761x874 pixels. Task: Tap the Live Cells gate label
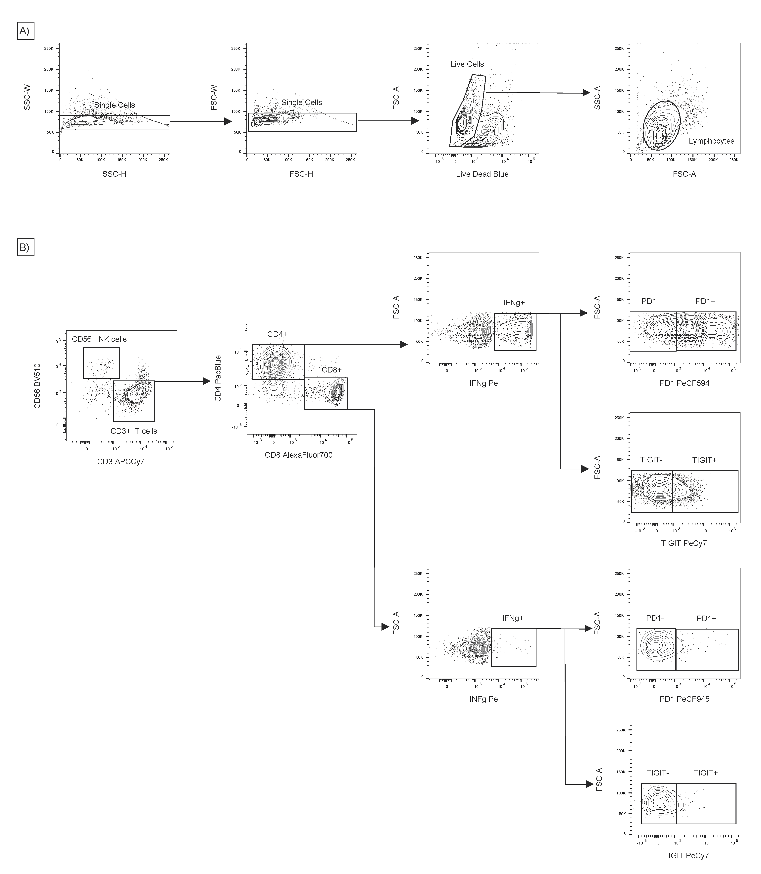(467, 64)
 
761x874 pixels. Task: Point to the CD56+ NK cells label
(99, 339)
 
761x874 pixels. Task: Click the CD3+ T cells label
(134, 431)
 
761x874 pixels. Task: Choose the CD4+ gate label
(277, 334)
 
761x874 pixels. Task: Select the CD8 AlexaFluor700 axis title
(299, 455)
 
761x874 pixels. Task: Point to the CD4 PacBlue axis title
(218, 378)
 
